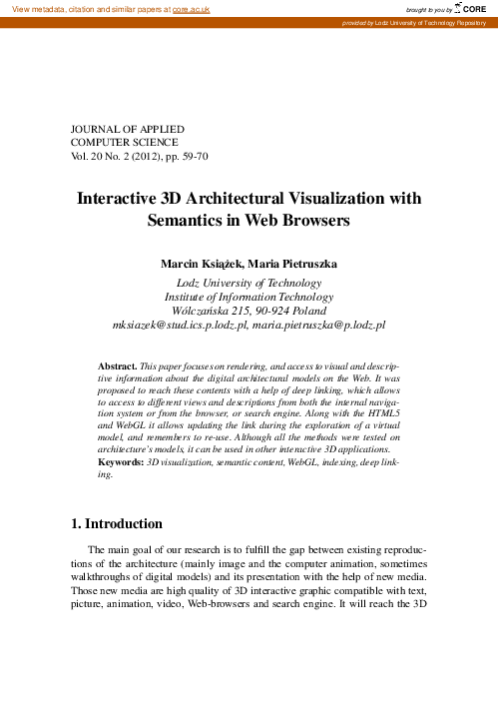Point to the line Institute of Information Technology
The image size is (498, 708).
click(249, 297)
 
